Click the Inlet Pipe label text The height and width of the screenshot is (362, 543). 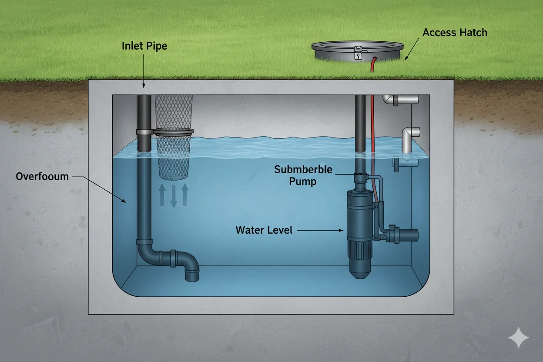(x=144, y=46)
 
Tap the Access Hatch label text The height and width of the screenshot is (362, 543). (x=455, y=33)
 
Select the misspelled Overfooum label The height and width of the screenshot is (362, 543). (x=42, y=177)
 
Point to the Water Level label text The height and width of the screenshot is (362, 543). (x=264, y=230)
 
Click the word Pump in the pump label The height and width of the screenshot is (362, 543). (x=303, y=181)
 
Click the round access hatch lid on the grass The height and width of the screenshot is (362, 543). (x=357, y=49)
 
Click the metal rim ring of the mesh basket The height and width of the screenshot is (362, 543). (x=173, y=131)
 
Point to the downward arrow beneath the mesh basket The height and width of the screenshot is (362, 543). (x=173, y=196)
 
